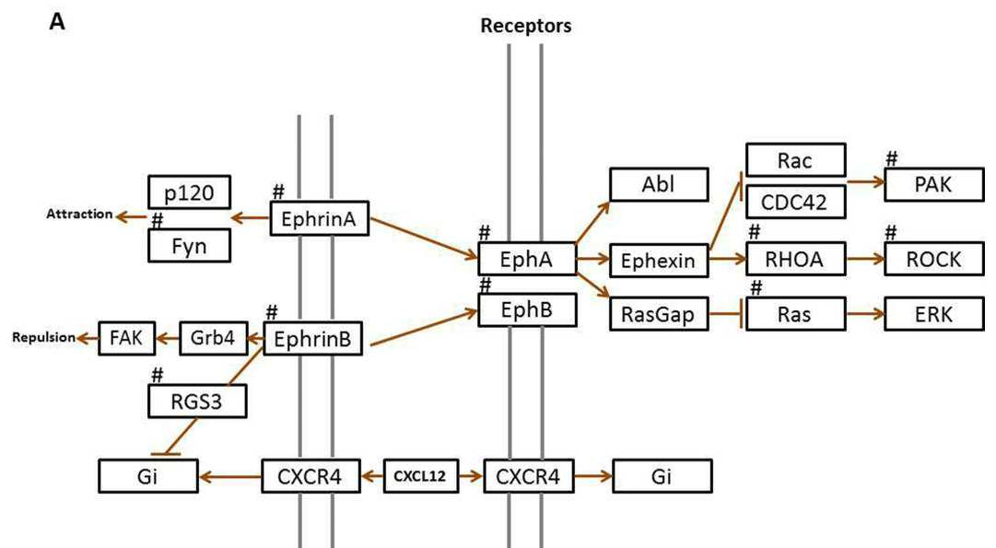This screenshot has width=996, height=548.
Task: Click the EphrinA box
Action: click(320, 219)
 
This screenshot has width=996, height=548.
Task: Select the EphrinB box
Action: click(312, 339)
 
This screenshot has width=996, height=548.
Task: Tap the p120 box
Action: click(189, 192)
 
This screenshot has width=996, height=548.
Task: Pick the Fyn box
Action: click(189, 246)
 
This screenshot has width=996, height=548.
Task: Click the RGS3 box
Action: click(197, 402)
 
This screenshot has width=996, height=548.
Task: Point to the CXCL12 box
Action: click(420, 476)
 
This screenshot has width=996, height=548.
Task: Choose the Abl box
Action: click(659, 185)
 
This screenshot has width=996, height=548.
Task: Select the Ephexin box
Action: click(659, 261)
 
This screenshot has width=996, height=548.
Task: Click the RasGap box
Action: click(659, 314)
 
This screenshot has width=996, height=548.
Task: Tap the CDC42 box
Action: click(795, 202)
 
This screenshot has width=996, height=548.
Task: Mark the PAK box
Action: click(933, 185)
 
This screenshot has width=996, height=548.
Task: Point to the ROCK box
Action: click(933, 259)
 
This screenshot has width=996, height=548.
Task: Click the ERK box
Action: click(933, 314)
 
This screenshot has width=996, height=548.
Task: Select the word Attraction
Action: click(79, 214)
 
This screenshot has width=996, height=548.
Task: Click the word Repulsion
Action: click(44, 337)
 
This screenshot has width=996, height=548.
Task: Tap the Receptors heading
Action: click(525, 26)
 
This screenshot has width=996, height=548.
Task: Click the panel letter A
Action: click(57, 22)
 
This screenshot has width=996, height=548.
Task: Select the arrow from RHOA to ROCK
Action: click(865, 259)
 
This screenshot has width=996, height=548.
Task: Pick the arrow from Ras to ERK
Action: click(865, 314)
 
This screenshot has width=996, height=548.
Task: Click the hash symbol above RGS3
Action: click(158, 375)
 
